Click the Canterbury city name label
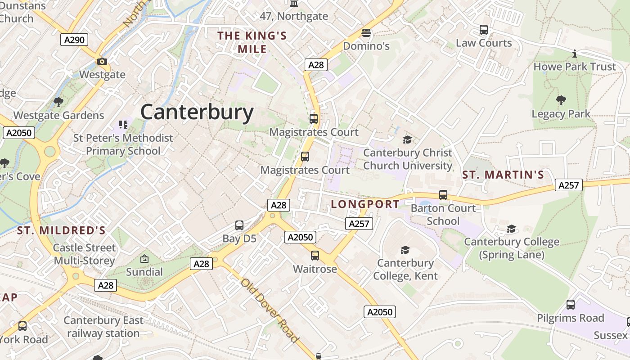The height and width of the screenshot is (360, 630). (x=197, y=112)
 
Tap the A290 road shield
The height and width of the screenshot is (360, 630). (x=74, y=40)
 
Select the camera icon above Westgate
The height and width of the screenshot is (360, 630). (x=102, y=61)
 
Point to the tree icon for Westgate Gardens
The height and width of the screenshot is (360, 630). (x=58, y=102)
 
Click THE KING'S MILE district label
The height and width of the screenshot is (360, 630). (x=252, y=42)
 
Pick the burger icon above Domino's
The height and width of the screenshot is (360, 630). (x=366, y=33)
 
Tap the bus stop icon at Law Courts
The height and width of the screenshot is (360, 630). (x=484, y=30)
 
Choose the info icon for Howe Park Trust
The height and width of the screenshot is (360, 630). (x=574, y=54)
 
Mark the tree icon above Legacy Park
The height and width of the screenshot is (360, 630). (x=561, y=100)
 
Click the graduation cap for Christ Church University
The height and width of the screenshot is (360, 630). (x=407, y=139)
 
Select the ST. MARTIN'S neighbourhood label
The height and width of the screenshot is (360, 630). (x=503, y=175)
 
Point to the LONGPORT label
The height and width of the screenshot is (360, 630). (x=365, y=204)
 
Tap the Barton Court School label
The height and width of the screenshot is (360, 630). (x=443, y=215)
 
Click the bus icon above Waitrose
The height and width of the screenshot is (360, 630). (x=315, y=256)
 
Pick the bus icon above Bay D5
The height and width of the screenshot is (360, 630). (x=239, y=225)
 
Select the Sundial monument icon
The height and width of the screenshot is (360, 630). (x=144, y=259)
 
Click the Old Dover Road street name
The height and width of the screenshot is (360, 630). (x=270, y=310)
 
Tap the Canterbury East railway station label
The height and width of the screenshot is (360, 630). (x=103, y=327)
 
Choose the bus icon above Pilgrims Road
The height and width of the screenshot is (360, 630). (x=571, y=305)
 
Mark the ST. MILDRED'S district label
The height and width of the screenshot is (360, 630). (x=61, y=231)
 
